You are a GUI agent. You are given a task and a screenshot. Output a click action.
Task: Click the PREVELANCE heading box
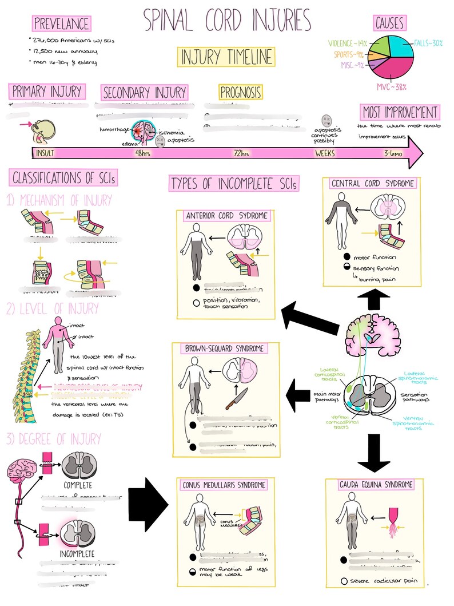tap(61, 23)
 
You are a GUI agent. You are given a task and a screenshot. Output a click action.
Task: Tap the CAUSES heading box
tap(389, 23)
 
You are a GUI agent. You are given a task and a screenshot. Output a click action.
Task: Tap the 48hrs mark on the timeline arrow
tap(142, 153)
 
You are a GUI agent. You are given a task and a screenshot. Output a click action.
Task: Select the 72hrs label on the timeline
tap(241, 153)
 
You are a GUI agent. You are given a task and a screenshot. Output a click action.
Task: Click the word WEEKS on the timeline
tap(325, 153)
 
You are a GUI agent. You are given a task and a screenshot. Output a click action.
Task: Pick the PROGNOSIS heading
tap(241, 92)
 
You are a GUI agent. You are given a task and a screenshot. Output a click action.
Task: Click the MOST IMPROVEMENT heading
tap(400, 112)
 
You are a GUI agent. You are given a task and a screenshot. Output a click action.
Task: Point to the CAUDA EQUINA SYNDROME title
tap(377, 485)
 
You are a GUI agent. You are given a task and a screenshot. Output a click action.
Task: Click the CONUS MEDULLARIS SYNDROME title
tap(225, 485)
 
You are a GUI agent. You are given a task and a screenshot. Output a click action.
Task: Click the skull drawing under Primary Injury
tap(43, 130)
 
